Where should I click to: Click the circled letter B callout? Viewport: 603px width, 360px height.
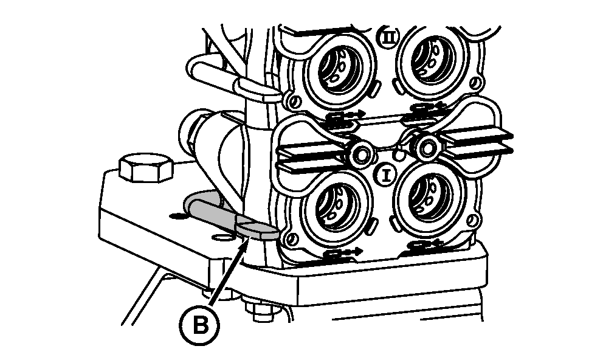click(201, 325)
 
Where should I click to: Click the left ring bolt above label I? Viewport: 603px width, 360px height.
click(362, 154)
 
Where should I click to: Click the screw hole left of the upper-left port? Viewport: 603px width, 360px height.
click(294, 101)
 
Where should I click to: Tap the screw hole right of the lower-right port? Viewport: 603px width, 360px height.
click(473, 220)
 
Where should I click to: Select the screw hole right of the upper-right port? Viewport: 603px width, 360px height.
click(476, 82)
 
